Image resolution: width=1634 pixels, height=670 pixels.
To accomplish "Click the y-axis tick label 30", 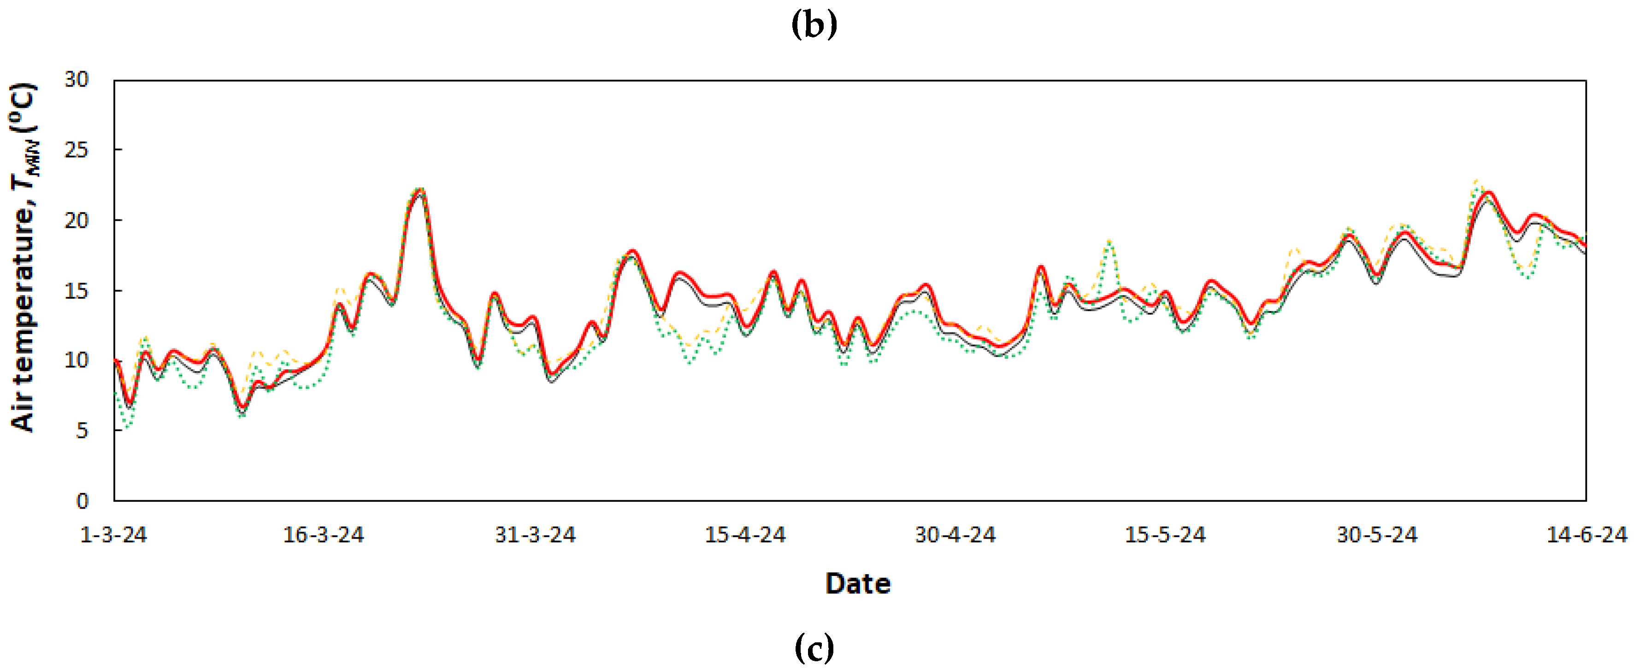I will tap(76, 80).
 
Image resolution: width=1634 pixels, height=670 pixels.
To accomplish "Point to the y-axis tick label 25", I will tap(76, 150).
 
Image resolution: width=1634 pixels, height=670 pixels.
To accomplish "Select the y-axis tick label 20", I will tap(76, 221).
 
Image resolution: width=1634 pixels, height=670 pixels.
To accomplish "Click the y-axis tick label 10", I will tap(76, 361).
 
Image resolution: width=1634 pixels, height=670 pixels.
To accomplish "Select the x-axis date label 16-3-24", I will tap(324, 535).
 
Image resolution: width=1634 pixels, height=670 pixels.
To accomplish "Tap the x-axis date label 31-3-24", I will tap(535, 535).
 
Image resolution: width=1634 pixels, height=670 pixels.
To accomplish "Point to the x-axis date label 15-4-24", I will tap(745, 535).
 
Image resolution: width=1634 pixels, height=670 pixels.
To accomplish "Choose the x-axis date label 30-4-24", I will tap(956, 535).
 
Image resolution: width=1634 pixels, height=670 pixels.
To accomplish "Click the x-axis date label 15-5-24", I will tap(1165, 535).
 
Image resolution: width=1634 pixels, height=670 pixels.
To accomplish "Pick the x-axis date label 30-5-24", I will tap(1376, 535).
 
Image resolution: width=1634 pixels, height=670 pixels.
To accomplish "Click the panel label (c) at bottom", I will tap(814, 648).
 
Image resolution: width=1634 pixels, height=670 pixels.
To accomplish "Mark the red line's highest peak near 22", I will tap(420, 190).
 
